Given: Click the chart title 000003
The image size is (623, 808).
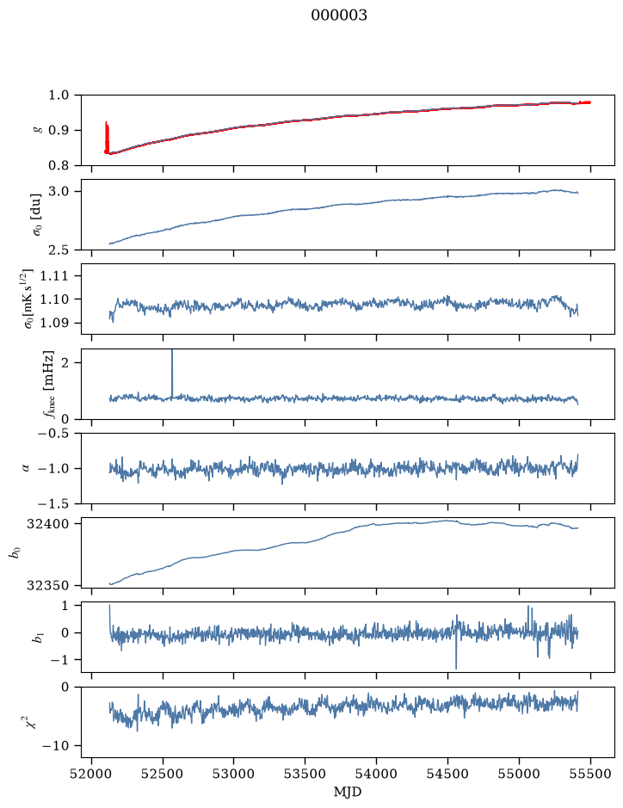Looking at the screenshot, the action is pyautogui.click(x=339, y=15).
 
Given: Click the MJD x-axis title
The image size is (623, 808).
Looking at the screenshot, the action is pyautogui.click(x=348, y=792).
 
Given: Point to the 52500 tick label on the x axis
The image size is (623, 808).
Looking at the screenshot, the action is pyautogui.click(x=163, y=774).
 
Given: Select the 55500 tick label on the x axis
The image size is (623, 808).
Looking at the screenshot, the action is pyautogui.click(x=590, y=774).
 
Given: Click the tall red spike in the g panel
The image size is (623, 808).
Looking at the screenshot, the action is pyautogui.click(x=107, y=137).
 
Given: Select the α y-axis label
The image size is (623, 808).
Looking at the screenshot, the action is pyautogui.click(x=27, y=468).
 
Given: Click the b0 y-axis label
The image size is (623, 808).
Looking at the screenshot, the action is pyautogui.click(x=16, y=552).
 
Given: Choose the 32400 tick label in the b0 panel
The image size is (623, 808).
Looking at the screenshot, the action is pyautogui.click(x=49, y=523).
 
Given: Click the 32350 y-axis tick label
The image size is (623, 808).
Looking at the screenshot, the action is pyautogui.click(x=49, y=585).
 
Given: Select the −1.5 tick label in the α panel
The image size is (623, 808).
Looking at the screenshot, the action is pyautogui.click(x=55, y=503).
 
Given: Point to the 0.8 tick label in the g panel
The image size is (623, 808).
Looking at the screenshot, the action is pyautogui.click(x=59, y=165).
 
